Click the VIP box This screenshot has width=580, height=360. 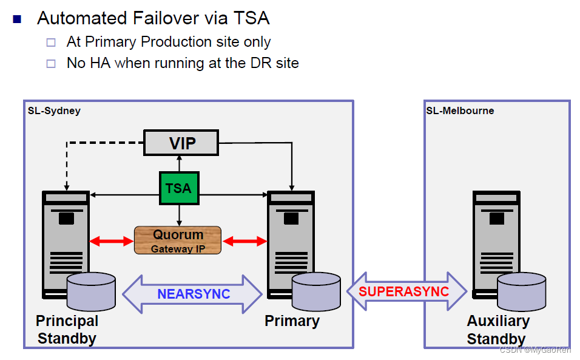[x=181, y=143]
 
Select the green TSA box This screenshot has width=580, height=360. [x=178, y=188]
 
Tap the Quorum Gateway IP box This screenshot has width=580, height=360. [x=178, y=240]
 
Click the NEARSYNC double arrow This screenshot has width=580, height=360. [x=192, y=294]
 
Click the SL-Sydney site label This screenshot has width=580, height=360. [x=54, y=110]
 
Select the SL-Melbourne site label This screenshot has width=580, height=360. [x=460, y=110]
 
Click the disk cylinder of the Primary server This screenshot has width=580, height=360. [x=315, y=291]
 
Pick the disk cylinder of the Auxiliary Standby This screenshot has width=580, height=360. [x=521, y=291]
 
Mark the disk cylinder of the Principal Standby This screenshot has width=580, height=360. [x=91, y=291]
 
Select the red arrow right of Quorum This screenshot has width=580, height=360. [x=244, y=242]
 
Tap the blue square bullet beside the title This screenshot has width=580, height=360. [x=17, y=19]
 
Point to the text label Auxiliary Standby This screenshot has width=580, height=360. [x=497, y=330]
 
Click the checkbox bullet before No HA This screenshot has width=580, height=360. [x=52, y=63]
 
